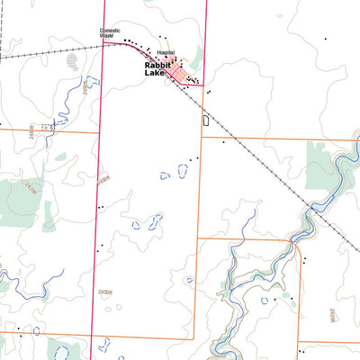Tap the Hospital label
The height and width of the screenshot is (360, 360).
[x=166, y=54]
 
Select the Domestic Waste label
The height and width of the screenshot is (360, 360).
[x=110, y=33]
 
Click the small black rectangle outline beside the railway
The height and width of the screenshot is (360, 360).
[x=205, y=119]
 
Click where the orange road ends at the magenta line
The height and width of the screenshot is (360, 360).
[x=96, y=131]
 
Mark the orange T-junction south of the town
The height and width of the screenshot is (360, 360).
[x=199, y=139]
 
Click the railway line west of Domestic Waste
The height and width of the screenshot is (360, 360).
[x=45, y=52]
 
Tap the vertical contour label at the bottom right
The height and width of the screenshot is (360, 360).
[x=332, y=315]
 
